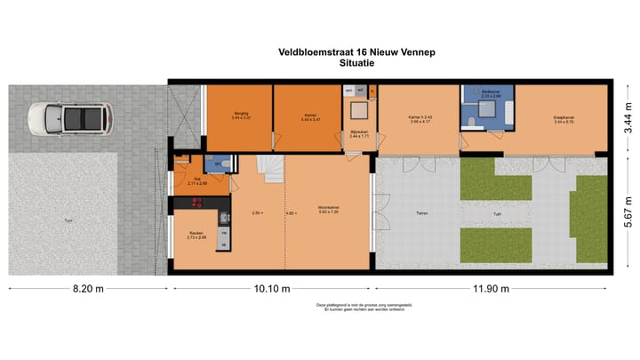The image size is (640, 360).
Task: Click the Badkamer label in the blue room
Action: pos(491,92)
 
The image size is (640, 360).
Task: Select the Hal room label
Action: pos(196,180)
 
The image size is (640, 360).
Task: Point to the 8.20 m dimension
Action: pos(86,289)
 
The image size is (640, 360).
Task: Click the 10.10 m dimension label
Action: pos(271,289)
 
